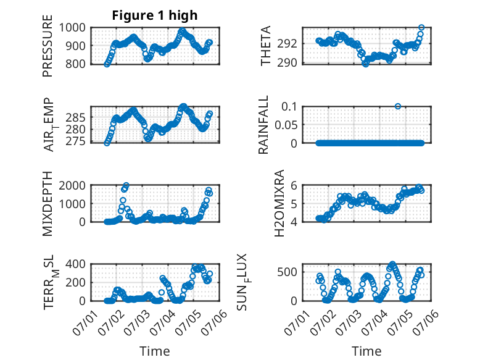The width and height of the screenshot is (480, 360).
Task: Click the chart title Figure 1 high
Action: pos(155,15)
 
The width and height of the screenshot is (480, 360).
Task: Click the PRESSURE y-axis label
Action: pos(48,46)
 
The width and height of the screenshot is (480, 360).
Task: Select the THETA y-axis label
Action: pos(266,46)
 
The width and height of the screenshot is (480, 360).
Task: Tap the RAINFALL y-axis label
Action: pos(263,125)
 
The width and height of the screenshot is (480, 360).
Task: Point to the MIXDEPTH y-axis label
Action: pos(48,203)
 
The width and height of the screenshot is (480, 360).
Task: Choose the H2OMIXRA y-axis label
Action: pos(279,203)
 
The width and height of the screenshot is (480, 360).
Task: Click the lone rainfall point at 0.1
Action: pos(398,106)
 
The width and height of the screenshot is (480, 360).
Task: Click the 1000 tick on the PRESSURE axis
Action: pos(72,28)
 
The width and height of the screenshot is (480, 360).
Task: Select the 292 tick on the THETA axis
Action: pos(287,43)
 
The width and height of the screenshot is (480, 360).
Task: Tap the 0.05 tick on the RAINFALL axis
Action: pos(286,125)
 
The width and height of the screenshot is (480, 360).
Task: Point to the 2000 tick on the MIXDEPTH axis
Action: pos(72,185)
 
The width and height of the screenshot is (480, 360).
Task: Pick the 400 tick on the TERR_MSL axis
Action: pos(76,264)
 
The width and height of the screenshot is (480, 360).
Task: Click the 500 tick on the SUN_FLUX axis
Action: pos(287,272)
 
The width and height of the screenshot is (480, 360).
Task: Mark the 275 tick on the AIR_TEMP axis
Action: pos(76,141)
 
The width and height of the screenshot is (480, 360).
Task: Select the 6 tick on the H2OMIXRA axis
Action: pos(294,185)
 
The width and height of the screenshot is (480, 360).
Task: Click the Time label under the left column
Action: pos(155,351)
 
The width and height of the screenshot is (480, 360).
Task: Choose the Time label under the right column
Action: pos(366,351)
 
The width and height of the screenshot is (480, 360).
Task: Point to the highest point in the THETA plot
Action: pos(421,28)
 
